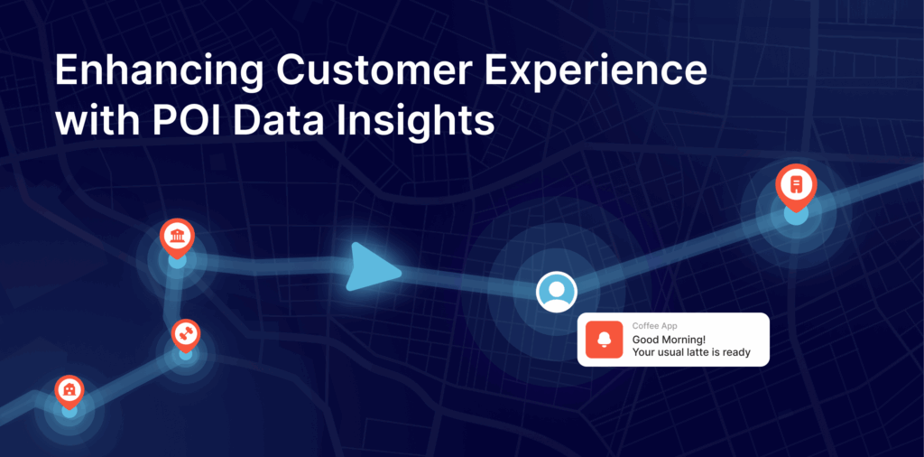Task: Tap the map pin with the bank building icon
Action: pos(177,237)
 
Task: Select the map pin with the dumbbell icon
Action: pos(186,333)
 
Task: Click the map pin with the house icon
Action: pos(69,389)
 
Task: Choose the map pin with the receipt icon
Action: pos(796,184)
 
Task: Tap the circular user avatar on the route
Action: pos(556,292)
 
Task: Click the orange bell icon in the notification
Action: pos(603,340)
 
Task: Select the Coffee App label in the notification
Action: pos(654,325)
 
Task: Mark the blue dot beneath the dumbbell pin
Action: pos(186,353)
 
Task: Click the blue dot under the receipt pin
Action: pos(796,216)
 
